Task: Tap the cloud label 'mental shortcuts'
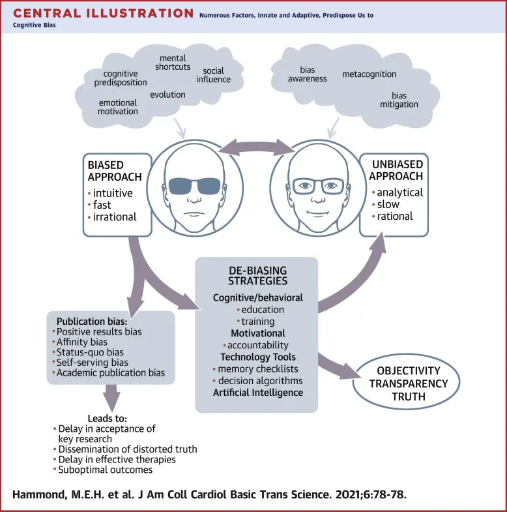[174, 63]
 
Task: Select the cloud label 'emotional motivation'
[118, 107]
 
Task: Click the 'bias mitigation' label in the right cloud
[399, 100]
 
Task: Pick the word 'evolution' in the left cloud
[167, 95]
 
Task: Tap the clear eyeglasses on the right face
[317, 186]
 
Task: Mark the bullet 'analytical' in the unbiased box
[399, 192]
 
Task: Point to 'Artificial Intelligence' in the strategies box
[257, 392]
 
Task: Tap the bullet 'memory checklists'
[259, 369]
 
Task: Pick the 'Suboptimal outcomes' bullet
[105, 470]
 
